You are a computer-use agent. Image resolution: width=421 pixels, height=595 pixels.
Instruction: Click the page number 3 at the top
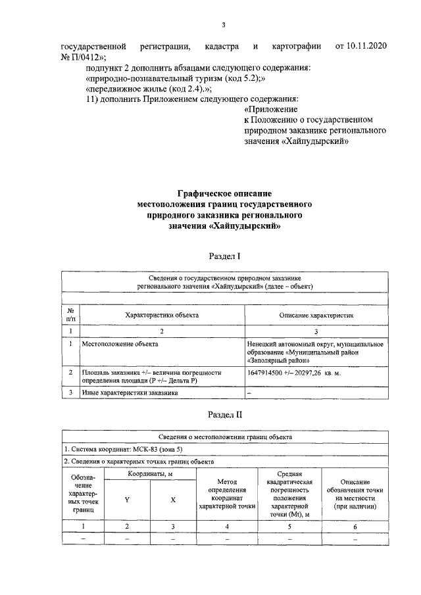[224, 26]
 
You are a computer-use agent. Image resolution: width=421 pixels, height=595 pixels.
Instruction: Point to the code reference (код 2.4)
[190, 90]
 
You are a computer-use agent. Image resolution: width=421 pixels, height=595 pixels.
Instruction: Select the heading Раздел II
[224, 414]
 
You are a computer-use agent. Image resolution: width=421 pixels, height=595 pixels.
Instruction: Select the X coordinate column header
[173, 500]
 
